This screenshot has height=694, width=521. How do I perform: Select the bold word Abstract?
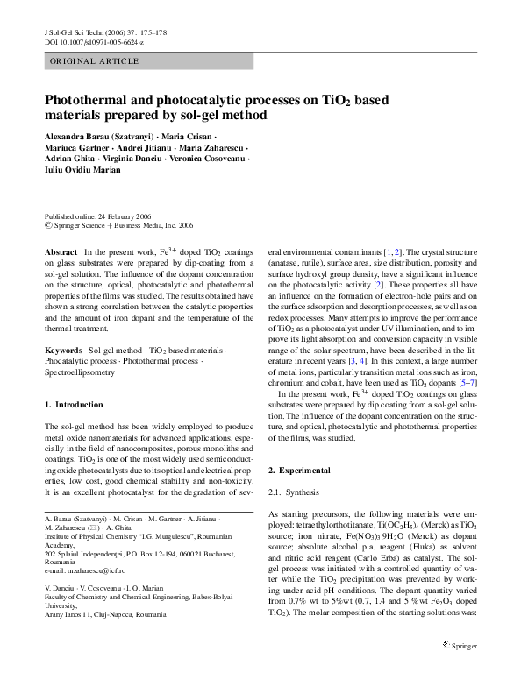click(x=60, y=251)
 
